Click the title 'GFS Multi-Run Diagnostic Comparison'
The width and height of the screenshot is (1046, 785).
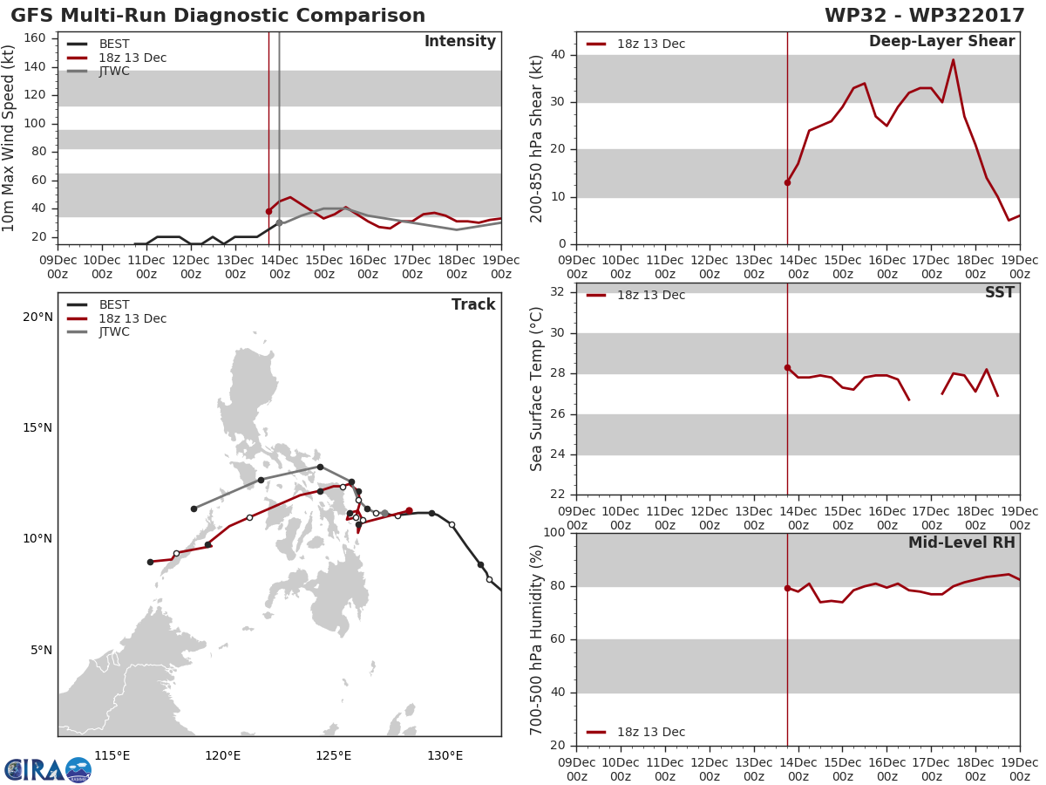(218, 15)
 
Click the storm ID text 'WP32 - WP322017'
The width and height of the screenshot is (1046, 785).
(925, 15)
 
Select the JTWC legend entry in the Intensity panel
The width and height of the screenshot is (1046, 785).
(98, 71)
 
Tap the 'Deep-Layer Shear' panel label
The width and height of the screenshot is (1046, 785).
(942, 42)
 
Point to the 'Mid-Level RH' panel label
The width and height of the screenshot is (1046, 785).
(961, 543)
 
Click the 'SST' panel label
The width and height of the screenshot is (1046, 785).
(1000, 292)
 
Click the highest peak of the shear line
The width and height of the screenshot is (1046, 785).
(953, 60)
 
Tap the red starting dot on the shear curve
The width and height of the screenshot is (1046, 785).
(787, 182)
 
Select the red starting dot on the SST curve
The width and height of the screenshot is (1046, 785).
(787, 367)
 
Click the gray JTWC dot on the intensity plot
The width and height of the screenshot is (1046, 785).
(279, 222)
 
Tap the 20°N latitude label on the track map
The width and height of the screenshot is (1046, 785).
(38, 317)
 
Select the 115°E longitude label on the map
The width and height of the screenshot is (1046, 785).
(112, 755)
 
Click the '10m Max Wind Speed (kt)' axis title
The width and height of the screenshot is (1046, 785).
(8, 138)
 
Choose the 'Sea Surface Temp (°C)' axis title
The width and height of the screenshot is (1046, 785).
(536, 389)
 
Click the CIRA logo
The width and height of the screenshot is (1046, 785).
(48, 770)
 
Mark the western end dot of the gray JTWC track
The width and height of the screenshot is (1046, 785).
(194, 509)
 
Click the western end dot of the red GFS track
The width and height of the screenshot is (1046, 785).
(151, 562)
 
